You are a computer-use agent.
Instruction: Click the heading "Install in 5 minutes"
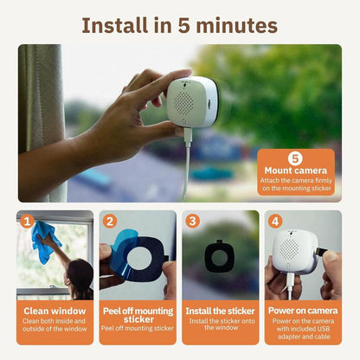click(180, 23)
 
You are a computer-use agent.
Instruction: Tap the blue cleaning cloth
click(42, 240)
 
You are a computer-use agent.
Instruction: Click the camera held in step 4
click(293, 252)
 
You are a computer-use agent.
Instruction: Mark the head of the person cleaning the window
click(79, 275)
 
